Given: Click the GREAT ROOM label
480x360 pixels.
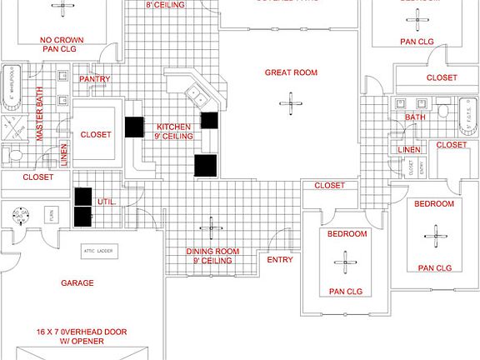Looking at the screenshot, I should click(292, 72).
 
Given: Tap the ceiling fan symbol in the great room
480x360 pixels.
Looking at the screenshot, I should click(291, 105).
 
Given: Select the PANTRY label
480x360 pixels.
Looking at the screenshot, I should click(95, 79).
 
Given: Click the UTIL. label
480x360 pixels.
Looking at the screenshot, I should click(106, 202).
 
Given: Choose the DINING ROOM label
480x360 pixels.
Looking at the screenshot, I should click(212, 251).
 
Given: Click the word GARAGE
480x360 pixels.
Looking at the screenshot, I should click(77, 283).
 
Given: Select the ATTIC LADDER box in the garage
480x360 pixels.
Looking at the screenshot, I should click(97, 250).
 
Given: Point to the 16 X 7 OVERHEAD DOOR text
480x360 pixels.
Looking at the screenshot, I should click(82, 331).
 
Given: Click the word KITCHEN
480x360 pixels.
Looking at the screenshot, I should click(173, 127).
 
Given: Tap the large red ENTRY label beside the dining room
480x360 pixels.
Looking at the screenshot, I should click(279, 260).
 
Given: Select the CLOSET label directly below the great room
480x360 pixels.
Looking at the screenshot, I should click(329, 186).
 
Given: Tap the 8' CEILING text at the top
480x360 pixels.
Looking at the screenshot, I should click(165, 5).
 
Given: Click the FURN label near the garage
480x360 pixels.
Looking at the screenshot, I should click(48, 213).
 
